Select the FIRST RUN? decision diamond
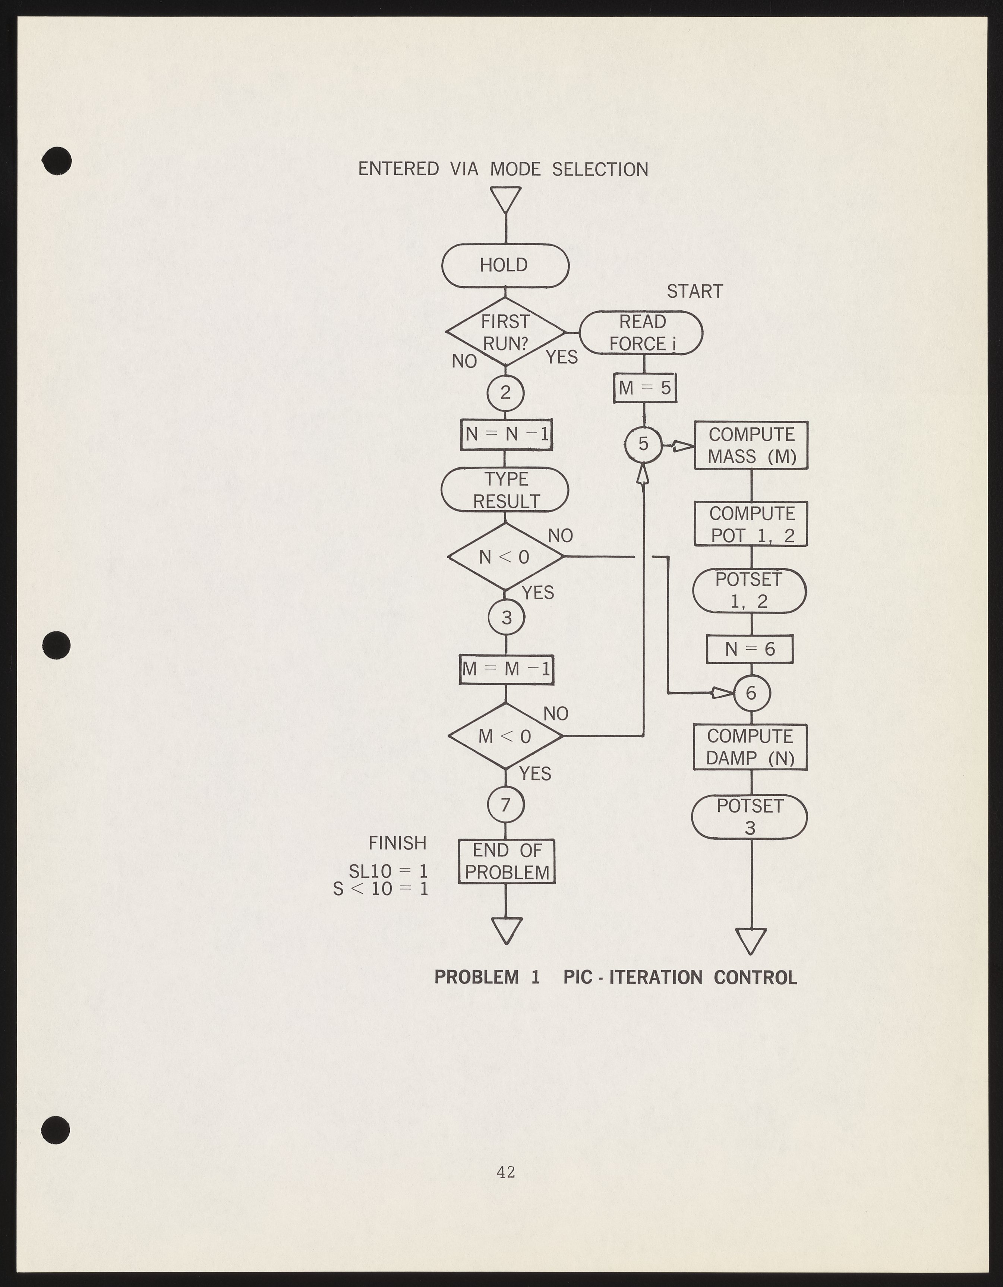tap(505, 332)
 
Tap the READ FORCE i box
tap(641, 332)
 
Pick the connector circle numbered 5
tap(643, 444)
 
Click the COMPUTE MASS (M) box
tap(751, 445)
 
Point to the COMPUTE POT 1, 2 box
tap(751, 524)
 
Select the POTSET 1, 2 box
tap(749, 590)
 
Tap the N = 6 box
tap(750, 649)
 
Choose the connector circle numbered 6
tap(751, 693)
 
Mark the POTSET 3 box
tap(750, 816)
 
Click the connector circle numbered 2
tap(505, 393)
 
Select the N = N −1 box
tap(506, 434)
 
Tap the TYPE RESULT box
tap(505, 490)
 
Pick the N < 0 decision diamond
tap(505, 556)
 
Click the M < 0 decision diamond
tap(505, 736)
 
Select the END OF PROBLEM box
tap(506, 861)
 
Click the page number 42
tap(506, 1172)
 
